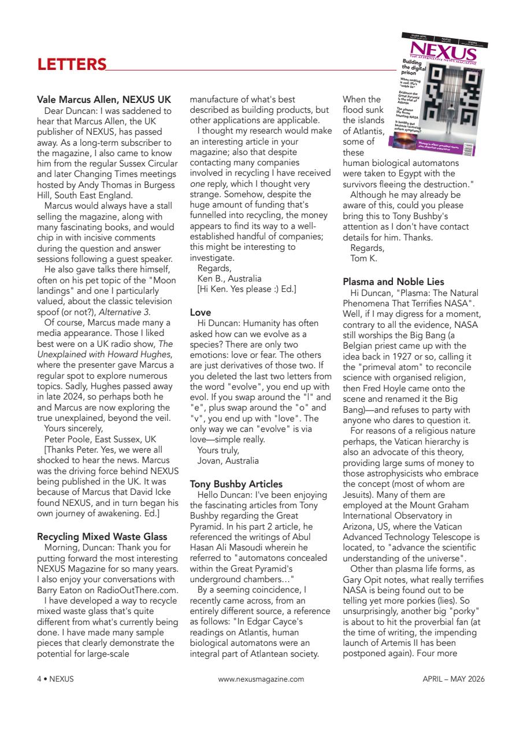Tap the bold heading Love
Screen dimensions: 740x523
[201, 312]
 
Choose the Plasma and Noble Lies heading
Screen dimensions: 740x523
[394, 282]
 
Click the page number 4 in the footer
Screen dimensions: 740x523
[39, 679]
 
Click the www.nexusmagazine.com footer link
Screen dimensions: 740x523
[261, 679]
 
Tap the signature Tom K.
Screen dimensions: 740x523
[363, 258]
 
